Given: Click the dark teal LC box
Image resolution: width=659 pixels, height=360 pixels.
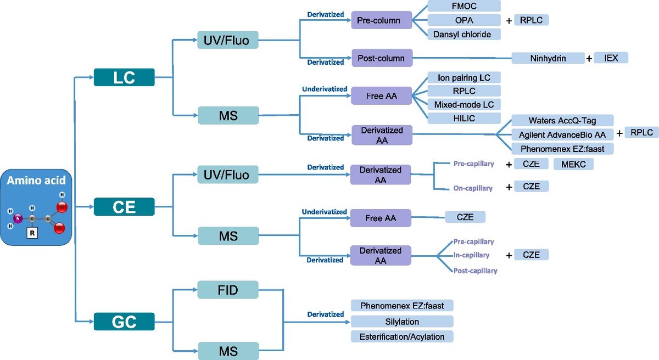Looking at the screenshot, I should click(x=124, y=77).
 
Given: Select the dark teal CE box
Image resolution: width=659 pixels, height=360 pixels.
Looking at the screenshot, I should click(x=124, y=206).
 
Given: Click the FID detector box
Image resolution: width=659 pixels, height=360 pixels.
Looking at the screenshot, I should click(x=228, y=289).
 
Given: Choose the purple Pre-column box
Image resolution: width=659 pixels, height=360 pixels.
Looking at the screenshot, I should click(x=381, y=21).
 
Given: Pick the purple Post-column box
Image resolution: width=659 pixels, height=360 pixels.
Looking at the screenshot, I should click(x=381, y=58).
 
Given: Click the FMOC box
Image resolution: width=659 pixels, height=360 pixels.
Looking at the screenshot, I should click(x=463, y=6).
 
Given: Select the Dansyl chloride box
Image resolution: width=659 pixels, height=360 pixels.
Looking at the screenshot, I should click(x=463, y=34).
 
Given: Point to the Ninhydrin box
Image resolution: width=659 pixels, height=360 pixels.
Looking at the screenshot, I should click(x=548, y=58).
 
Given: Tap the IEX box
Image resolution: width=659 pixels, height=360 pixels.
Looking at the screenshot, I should click(x=610, y=58).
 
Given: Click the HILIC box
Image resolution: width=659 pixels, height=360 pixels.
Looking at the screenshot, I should click(x=463, y=118).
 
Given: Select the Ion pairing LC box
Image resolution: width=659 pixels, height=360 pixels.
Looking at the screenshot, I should click(x=463, y=77).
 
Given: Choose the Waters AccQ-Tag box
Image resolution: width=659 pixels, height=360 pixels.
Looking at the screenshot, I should click(x=562, y=120).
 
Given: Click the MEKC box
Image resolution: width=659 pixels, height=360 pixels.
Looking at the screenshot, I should click(x=573, y=164).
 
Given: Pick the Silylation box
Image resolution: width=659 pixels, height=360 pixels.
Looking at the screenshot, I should click(x=402, y=322).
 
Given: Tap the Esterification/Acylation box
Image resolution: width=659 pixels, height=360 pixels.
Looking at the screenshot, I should click(x=402, y=336).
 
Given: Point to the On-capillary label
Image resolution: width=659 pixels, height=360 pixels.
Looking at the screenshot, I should click(x=473, y=188).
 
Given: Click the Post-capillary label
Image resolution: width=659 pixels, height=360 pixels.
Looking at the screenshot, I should click(x=475, y=271).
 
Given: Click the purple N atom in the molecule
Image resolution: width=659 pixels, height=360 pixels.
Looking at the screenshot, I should click(x=18, y=218).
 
